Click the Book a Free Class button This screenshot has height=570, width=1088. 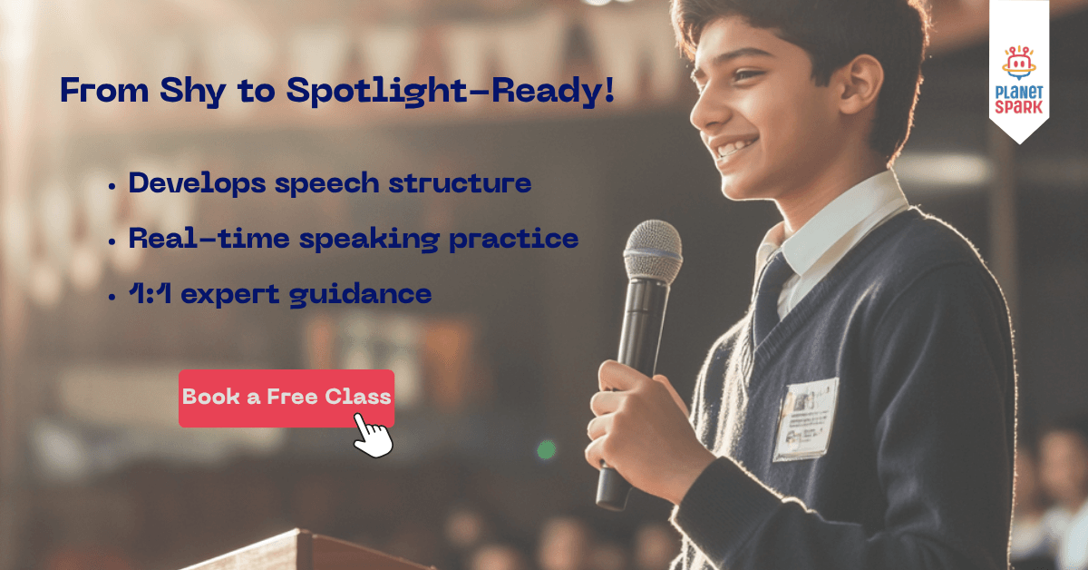click(x=286, y=398)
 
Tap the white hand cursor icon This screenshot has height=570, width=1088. click(x=373, y=436)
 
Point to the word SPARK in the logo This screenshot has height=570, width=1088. click(x=1019, y=108)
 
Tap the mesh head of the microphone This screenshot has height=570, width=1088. click(x=652, y=250)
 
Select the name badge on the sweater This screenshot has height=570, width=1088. click(x=804, y=419)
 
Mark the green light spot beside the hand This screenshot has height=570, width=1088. click(x=546, y=449)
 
